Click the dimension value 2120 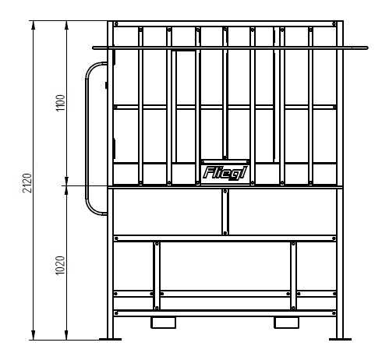click(x=27, y=183)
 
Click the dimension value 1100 click(x=61, y=103)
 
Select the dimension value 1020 click(x=60, y=265)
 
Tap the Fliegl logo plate click(x=225, y=173)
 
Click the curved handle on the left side click(x=87, y=139)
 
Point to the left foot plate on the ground click(x=110, y=339)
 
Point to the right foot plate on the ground click(x=340, y=339)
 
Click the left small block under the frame click(x=164, y=323)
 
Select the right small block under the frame click(x=287, y=323)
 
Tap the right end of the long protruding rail click(x=367, y=48)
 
